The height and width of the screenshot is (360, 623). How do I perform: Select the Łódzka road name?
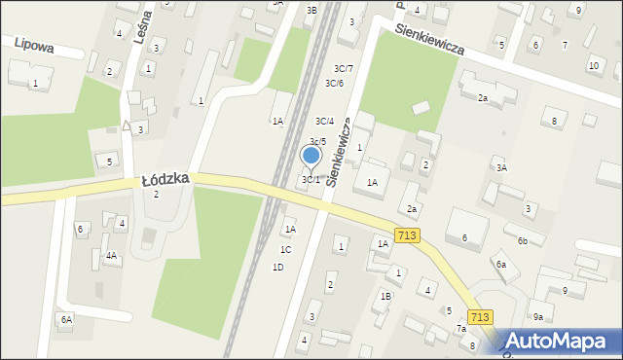pyautogui.click(x=165, y=180)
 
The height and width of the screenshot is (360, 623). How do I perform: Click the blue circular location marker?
pyautogui.click(x=311, y=155)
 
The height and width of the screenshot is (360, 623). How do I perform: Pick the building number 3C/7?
pyautogui.click(x=343, y=68)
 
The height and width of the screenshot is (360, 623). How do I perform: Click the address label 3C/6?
pyautogui.click(x=334, y=83)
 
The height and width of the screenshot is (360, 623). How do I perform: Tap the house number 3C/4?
pyautogui.click(x=324, y=122)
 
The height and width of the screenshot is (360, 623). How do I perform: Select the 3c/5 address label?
pyautogui.click(x=317, y=142)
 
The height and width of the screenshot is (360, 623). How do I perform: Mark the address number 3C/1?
pyautogui.click(x=311, y=179)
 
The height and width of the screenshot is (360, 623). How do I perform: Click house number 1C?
pyautogui.click(x=285, y=249)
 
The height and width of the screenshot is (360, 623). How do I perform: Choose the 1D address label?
pyautogui.click(x=277, y=267)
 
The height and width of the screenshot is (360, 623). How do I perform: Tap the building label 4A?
pyautogui.click(x=111, y=256)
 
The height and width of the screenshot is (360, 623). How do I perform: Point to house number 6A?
pyautogui.click(x=65, y=319)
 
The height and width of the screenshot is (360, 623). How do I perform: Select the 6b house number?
pyautogui.click(x=523, y=240)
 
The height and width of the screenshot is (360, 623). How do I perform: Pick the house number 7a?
pyautogui.click(x=461, y=329)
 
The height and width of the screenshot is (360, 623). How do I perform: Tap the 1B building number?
pyautogui.click(x=385, y=296)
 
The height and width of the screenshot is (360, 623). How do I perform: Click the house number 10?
pyautogui.click(x=593, y=65)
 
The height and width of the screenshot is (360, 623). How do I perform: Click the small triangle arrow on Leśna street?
pyautogui.click(x=127, y=126)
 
